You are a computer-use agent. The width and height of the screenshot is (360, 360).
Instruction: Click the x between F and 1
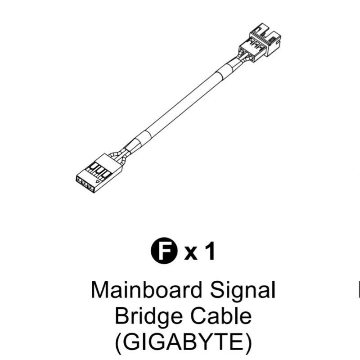point(192,254)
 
